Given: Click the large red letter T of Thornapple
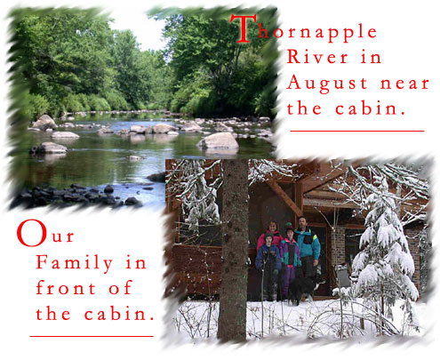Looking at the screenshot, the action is click(244, 28).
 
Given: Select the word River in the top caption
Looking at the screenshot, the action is click(317, 57).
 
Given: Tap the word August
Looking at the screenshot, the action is click(327, 84).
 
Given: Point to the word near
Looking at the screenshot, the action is click(404, 84).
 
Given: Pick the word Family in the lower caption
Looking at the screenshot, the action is click(75, 263).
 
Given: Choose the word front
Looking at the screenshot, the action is click(66, 288).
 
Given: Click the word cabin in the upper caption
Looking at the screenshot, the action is click(371, 108).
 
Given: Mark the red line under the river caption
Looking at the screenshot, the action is click(357, 131).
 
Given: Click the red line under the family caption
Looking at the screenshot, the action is click(92, 336).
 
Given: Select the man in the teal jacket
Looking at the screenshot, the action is click(308, 247).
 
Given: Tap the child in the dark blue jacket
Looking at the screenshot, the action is click(268, 265).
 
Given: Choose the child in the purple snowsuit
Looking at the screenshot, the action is click(290, 260).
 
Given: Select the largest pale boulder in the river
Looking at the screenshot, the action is click(219, 140).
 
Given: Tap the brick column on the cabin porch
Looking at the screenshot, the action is click(338, 247).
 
